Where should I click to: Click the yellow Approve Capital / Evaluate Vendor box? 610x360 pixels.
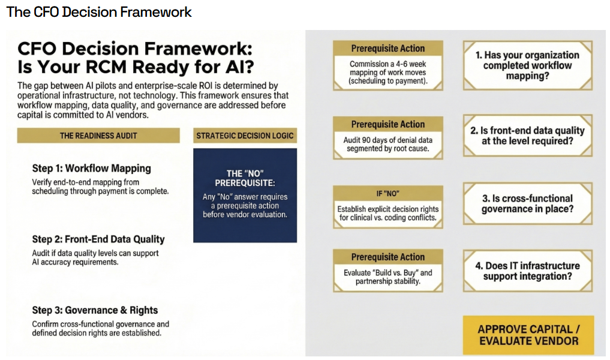(x=528, y=335)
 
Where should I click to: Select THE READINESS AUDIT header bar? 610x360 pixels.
(x=98, y=136)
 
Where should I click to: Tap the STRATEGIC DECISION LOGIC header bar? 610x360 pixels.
(x=245, y=136)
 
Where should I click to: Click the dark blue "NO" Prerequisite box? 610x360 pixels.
(x=245, y=195)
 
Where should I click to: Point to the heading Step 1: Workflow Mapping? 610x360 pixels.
(x=91, y=168)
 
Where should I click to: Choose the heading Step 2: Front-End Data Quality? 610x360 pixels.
(x=98, y=239)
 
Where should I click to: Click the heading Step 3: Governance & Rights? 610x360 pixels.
(x=95, y=310)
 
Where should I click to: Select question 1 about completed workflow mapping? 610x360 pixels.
(x=527, y=65)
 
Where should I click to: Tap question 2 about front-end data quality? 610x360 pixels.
(x=527, y=136)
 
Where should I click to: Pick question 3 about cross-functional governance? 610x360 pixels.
(x=527, y=204)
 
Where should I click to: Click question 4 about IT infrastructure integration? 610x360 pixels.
(x=527, y=271)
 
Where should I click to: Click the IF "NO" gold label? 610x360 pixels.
(x=387, y=193)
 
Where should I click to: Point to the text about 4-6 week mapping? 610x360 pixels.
(x=387, y=72)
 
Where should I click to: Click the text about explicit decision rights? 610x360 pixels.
(x=387, y=213)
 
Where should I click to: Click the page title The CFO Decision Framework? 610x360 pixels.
(x=99, y=12)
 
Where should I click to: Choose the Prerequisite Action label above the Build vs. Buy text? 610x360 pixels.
(x=387, y=257)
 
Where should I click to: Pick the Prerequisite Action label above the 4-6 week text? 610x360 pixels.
(x=387, y=49)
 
